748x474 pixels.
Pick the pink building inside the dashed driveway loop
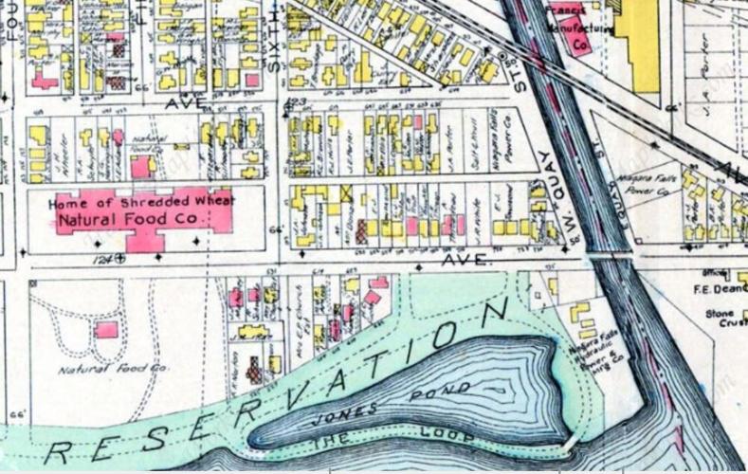(107, 330)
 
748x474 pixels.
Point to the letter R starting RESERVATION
(58, 452)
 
